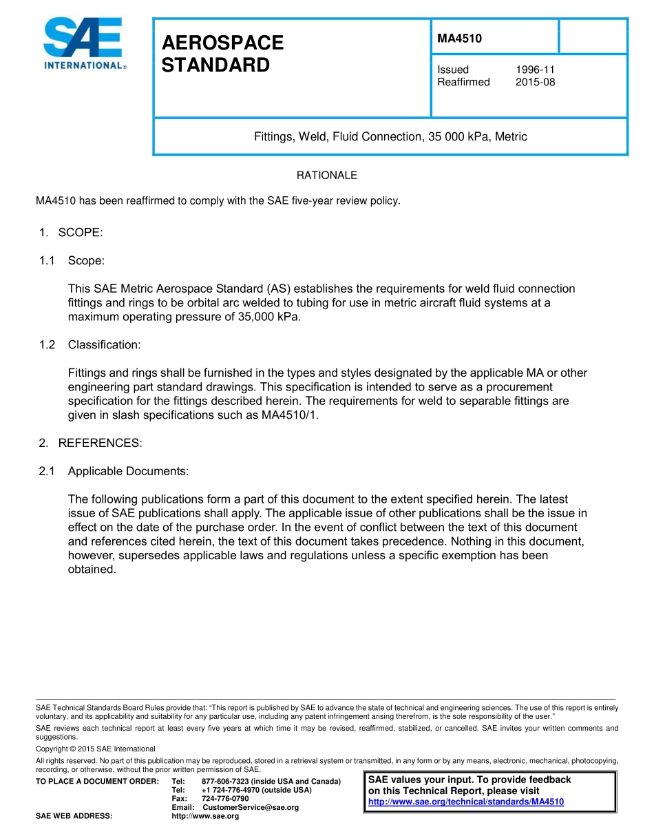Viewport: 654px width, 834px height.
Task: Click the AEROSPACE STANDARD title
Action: click(x=222, y=54)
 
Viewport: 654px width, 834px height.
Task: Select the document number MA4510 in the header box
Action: click(x=459, y=39)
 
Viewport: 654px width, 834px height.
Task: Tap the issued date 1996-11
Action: click(x=535, y=70)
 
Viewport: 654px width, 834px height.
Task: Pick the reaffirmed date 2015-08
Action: click(x=535, y=82)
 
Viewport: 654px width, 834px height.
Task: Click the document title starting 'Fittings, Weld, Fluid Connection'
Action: click(x=390, y=136)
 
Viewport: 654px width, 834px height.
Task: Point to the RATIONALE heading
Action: click(x=326, y=176)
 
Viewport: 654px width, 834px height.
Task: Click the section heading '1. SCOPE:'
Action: click(x=71, y=232)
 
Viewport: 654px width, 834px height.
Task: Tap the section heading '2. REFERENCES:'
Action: click(x=90, y=443)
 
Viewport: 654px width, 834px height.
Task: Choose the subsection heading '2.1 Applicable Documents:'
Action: click(x=114, y=471)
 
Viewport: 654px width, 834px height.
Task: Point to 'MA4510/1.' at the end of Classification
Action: click(x=289, y=415)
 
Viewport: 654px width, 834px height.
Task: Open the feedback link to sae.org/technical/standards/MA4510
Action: click(x=466, y=802)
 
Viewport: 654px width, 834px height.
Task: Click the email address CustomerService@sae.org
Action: click(x=251, y=807)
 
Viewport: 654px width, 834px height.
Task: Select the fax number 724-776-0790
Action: click(x=225, y=798)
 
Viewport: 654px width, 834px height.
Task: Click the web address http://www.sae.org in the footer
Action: click(x=205, y=816)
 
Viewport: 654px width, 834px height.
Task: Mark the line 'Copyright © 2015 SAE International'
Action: click(x=96, y=749)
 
